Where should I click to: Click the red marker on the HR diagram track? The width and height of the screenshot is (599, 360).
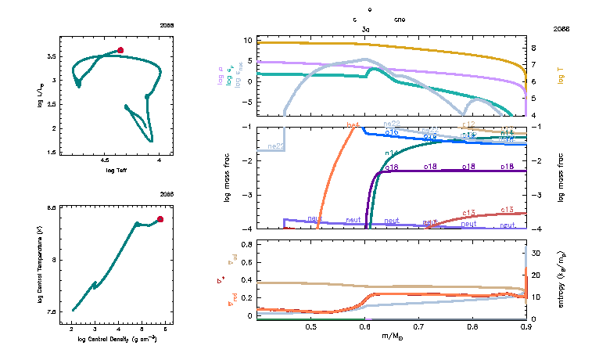point(120,50)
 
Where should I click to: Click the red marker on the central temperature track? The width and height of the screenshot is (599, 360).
point(160,219)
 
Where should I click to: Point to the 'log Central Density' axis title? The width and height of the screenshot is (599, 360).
point(116,338)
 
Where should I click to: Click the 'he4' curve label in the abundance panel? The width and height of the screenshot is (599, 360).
point(353,125)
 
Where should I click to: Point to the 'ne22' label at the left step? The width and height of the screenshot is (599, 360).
point(275,146)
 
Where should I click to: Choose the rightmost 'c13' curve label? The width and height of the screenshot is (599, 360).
point(506,210)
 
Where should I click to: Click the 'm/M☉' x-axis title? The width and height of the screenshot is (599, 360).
point(393,336)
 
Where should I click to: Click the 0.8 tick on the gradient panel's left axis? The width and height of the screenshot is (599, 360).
point(245,245)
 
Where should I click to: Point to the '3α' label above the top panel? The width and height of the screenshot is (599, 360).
point(366,28)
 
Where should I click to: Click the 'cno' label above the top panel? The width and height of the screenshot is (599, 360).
point(400,19)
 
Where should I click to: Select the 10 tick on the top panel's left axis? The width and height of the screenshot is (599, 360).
point(246,40)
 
